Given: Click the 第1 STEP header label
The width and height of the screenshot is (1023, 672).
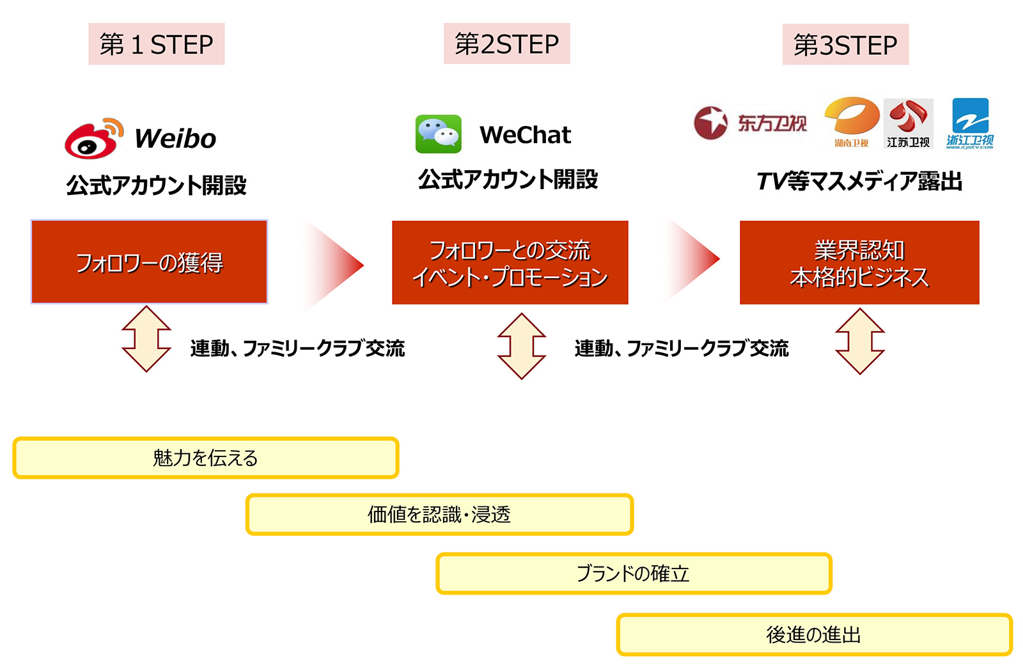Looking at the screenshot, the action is [x=156, y=44].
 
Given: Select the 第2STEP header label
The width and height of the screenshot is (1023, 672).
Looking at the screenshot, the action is [x=506, y=43].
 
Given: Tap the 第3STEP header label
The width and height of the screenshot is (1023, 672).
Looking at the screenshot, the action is [x=845, y=44].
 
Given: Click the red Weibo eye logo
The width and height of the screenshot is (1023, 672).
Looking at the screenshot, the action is [x=93, y=138].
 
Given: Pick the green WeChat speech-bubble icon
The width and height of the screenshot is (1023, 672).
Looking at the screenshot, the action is [x=439, y=134].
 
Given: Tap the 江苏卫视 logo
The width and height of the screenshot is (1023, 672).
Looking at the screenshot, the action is [x=909, y=123].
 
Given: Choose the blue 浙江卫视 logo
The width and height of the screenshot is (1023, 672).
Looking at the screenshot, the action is [x=970, y=123].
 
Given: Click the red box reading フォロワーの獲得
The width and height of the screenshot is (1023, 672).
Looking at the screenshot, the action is [x=150, y=262].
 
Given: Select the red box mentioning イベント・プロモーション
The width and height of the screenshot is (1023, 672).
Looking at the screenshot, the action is [x=510, y=263].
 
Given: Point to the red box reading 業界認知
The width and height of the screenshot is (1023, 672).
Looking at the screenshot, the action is [x=859, y=263].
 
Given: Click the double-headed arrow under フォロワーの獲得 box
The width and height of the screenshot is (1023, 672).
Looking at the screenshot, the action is [x=146, y=339].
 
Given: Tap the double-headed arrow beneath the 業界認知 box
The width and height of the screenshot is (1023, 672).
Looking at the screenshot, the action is [x=860, y=341].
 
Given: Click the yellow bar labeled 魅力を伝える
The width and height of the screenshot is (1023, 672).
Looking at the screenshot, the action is [x=205, y=458].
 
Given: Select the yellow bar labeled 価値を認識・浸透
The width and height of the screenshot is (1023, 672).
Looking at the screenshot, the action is [x=439, y=515].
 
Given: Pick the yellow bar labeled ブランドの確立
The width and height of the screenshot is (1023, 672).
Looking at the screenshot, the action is [x=634, y=574].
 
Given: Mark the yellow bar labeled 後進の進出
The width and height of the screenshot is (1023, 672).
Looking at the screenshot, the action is [x=815, y=635].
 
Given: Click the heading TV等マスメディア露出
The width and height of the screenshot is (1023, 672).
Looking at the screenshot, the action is [x=859, y=182].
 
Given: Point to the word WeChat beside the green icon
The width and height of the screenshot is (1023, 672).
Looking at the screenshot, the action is [x=525, y=135].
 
